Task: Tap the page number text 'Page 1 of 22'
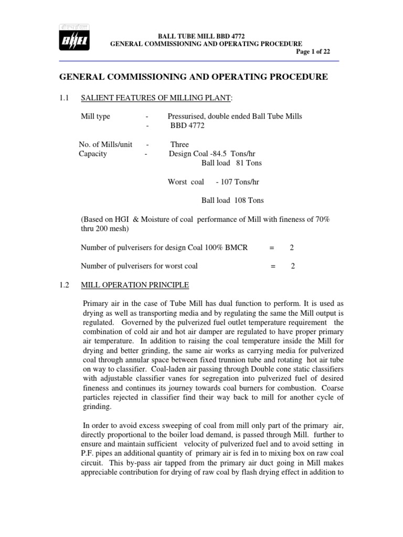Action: pos(313,51)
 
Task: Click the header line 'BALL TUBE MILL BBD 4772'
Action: pos(206,35)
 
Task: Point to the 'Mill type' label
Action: pos(95,116)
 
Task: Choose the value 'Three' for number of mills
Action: pos(179,144)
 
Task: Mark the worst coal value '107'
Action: pos(229,182)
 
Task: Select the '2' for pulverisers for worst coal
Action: pos(293,266)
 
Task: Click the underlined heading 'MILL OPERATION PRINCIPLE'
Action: pos(134,285)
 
